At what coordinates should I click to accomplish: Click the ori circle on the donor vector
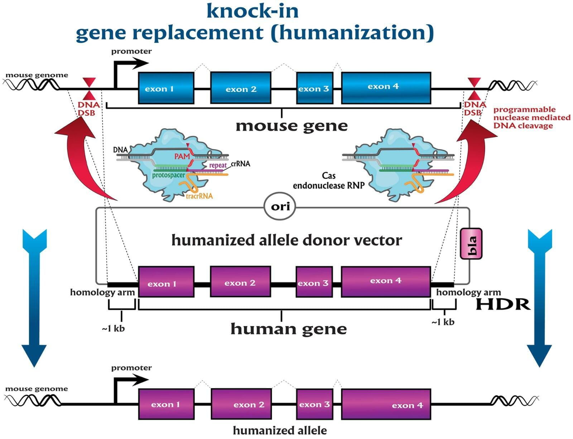point(280,206)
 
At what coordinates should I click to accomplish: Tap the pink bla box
point(471,244)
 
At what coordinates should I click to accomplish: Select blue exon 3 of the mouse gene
point(314,88)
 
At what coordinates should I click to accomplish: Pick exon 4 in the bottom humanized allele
point(386,404)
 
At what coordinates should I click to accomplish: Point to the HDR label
point(502,304)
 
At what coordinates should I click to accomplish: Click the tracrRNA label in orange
point(199,196)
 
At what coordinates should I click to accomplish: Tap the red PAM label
point(182,156)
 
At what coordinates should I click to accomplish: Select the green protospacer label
point(168,175)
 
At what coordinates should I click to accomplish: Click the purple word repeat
point(218,165)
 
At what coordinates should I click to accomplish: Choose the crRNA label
point(240,164)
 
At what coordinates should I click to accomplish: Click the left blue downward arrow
point(34,297)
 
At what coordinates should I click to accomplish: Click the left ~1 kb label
point(113,328)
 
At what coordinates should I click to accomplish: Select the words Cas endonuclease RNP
point(328,181)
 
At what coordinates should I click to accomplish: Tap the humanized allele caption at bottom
point(280,430)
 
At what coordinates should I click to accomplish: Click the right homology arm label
point(468,292)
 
